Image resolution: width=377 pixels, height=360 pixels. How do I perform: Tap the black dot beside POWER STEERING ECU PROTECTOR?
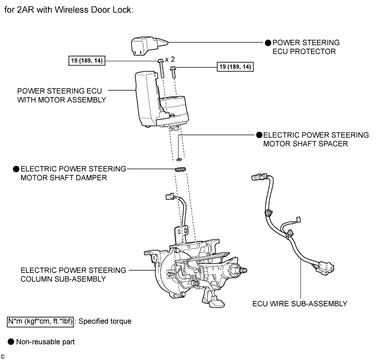(268, 42)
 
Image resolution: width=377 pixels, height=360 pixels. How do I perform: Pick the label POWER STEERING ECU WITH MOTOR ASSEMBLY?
(62, 95)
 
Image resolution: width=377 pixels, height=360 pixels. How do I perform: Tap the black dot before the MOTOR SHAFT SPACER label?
(259, 135)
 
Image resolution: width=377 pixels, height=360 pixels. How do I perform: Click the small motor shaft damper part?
(178, 170)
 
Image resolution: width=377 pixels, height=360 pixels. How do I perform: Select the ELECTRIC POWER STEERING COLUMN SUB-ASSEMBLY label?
(73, 274)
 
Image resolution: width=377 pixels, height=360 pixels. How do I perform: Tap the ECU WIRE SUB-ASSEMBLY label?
(300, 303)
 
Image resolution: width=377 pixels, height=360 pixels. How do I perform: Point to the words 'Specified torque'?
(105, 321)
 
